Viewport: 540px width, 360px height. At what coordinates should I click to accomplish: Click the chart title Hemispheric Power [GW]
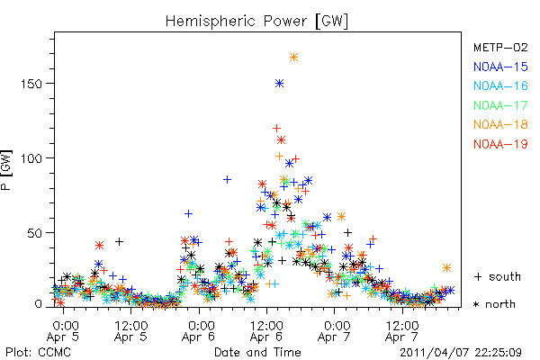(256, 22)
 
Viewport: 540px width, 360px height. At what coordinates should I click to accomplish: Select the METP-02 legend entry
(500, 47)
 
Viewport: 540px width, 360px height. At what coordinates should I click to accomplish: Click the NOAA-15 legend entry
(500, 67)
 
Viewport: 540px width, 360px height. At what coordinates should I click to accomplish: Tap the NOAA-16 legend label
(500, 85)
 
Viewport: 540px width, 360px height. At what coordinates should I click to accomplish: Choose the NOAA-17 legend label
(500, 105)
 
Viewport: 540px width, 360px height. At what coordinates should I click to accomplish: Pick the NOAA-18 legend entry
(500, 124)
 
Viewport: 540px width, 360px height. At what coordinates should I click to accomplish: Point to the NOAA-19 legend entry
(500, 144)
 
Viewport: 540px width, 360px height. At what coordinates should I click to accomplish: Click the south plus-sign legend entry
(498, 276)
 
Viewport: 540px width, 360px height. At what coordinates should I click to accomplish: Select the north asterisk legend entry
(494, 304)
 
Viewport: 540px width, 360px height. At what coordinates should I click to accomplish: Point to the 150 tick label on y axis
(31, 84)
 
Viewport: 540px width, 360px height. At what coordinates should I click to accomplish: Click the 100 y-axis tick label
(31, 158)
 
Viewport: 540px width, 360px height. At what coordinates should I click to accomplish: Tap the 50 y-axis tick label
(35, 233)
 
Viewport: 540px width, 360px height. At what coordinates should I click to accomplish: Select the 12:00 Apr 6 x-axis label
(266, 331)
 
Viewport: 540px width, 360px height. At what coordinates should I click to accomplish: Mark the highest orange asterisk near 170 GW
(293, 58)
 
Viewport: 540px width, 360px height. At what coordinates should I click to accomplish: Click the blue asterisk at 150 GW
(279, 84)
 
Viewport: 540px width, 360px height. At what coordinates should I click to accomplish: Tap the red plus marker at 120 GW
(276, 129)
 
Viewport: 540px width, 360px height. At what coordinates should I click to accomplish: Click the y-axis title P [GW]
(6, 170)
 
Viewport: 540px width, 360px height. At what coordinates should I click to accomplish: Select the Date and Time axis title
(257, 352)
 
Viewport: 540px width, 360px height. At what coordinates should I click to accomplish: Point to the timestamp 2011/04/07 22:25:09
(461, 353)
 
